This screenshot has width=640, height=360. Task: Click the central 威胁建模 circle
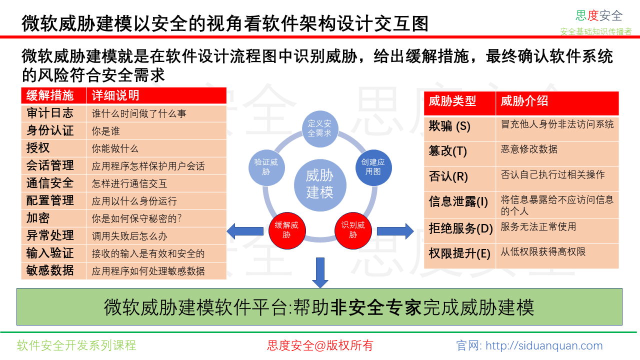pos(320,185)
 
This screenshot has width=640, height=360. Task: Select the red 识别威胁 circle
pos(353,230)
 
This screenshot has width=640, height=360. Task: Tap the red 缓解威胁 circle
pos(287,230)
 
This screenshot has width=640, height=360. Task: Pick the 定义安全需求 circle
pos(320,128)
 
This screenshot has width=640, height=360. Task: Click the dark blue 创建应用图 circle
pos(373,167)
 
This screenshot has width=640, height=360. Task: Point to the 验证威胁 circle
pos(266,167)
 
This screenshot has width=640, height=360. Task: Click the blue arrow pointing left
pos(245,231)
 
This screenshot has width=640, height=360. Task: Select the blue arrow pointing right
pos(395,231)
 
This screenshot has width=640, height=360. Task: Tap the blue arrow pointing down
pos(320,272)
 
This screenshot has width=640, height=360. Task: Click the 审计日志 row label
pos(50,113)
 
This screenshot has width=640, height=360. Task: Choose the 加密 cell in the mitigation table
pos(38,218)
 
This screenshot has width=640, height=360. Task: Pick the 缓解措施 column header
pos(50,95)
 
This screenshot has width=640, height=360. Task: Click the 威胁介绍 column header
pos(524,101)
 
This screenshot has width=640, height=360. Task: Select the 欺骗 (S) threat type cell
pos(449,126)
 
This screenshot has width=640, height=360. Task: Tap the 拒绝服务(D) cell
pos(461,228)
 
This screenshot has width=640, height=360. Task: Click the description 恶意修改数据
pos(529,149)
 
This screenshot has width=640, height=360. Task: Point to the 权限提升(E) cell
pos(459,253)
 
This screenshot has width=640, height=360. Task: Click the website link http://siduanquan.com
pos(544,345)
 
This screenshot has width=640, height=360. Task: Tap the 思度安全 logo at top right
pos(599,15)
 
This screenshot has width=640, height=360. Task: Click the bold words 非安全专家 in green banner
pos(376,307)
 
